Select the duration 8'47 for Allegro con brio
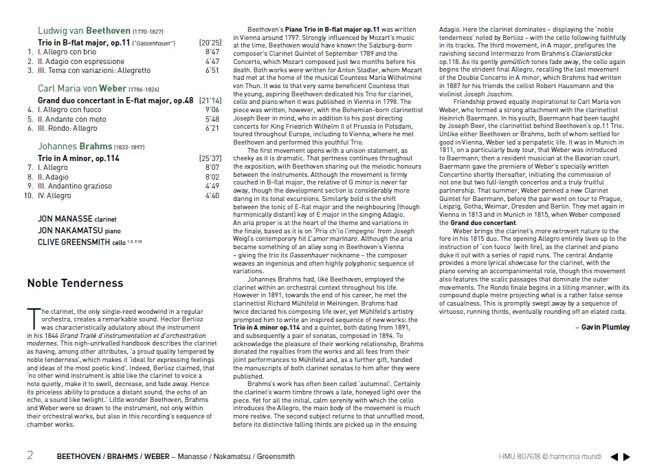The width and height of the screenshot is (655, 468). point(212,52)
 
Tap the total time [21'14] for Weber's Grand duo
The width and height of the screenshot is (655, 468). point(210,100)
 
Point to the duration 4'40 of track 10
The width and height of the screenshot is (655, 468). point(212,195)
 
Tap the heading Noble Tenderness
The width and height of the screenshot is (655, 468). point(75,283)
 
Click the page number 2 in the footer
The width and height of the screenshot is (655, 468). point(30,455)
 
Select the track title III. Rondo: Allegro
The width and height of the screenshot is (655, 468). point(67,128)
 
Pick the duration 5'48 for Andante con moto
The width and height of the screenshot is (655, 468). point(212,118)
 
